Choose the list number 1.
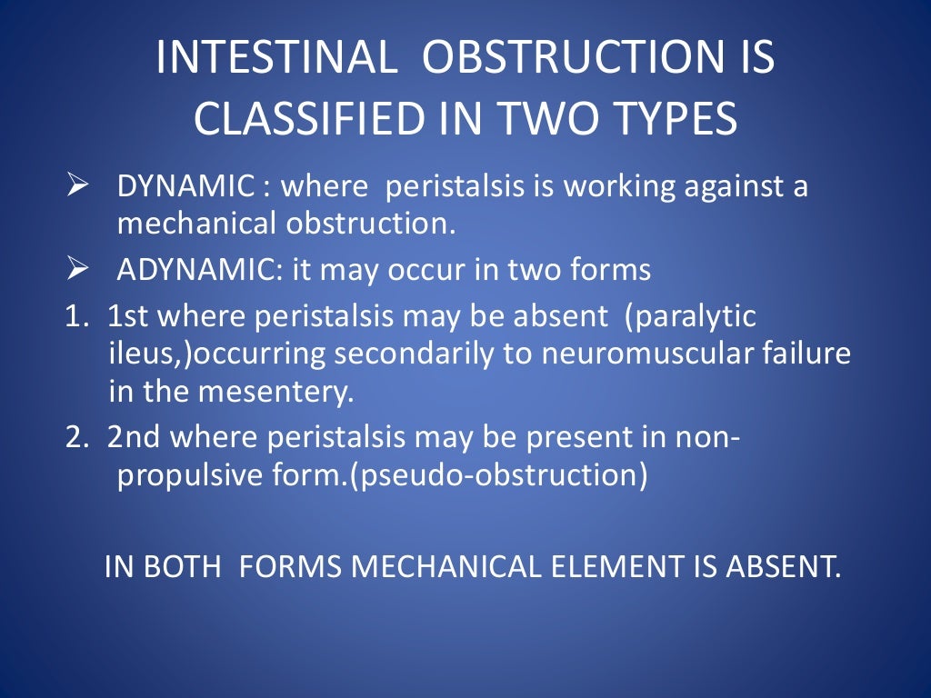pos(74,317)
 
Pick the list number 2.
pos(74,438)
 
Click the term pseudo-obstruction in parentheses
pos(501,476)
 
